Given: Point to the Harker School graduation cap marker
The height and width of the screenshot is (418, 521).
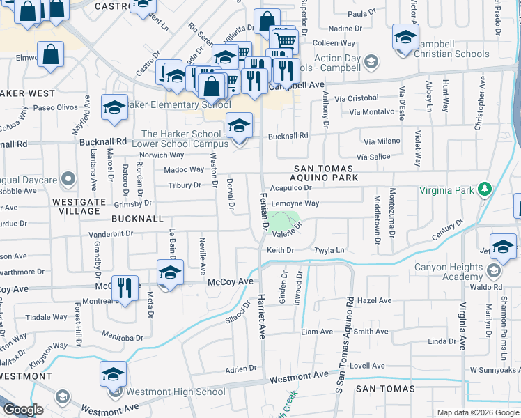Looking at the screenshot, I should [x=239, y=126].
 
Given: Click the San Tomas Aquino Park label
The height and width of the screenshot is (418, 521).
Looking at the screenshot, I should [x=325, y=173].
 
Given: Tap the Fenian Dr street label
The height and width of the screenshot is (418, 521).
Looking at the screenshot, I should [x=265, y=212].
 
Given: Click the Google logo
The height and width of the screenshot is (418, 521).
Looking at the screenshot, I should [x=23, y=409].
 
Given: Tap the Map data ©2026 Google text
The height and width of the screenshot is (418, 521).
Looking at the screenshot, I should [x=477, y=412].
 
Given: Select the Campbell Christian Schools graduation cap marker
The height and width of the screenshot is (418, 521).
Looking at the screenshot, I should [x=405, y=36].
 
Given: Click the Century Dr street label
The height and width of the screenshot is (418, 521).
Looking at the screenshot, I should [x=447, y=231].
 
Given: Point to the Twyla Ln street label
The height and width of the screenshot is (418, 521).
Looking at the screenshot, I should [x=330, y=249].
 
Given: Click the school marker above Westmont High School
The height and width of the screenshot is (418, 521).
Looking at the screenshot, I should [x=113, y=374].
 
